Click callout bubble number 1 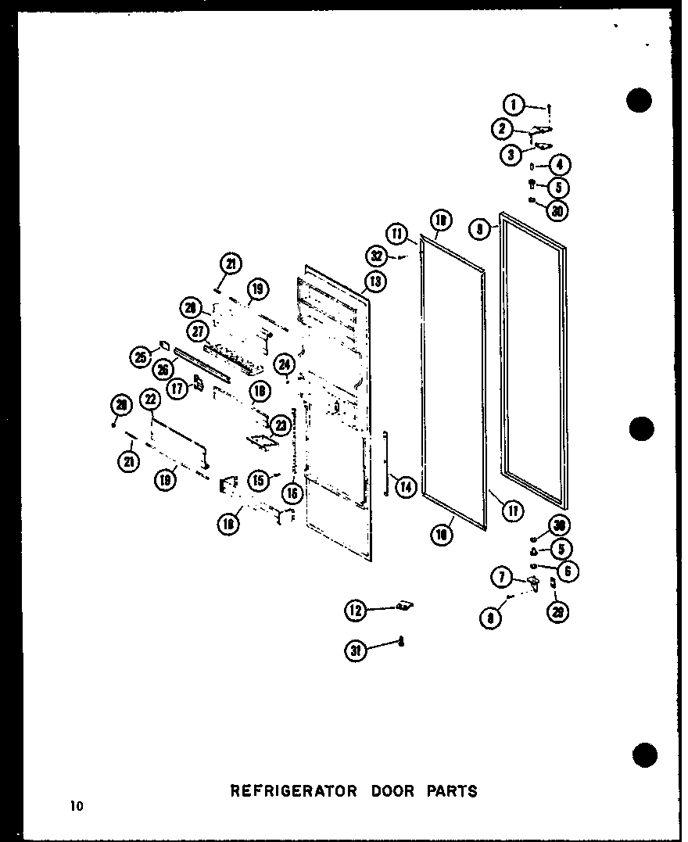pyautogui.click(x=513, y=104)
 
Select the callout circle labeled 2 pyautogui.click(x=503, y=129)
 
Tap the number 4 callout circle pyautogui.click(x=560, y=165)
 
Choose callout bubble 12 pyautogui.click(x=356, y=611)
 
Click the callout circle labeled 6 pyautogui.click(x=568, y=571)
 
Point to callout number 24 pyautogui.click(x=285, y=364)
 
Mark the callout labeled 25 pyautogui.click(x=141, y=357)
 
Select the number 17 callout pyautogui.click(x=178, y=387)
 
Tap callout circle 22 pyautogui.click(x=150, y=400)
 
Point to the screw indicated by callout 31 pyautogui.click(x=400, y=642)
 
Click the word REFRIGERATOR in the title pyautogui.click(x=292, y=790)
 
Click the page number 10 pyautogui.click(x=75, y=806)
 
